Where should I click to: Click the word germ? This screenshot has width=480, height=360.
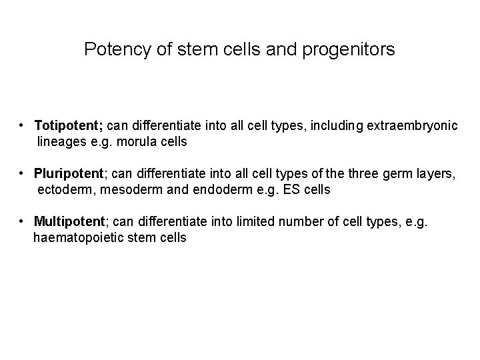coord(396,175)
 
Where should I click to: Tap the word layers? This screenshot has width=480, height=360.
coord(435,175)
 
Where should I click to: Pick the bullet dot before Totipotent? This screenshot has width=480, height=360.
coord(23,125)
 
